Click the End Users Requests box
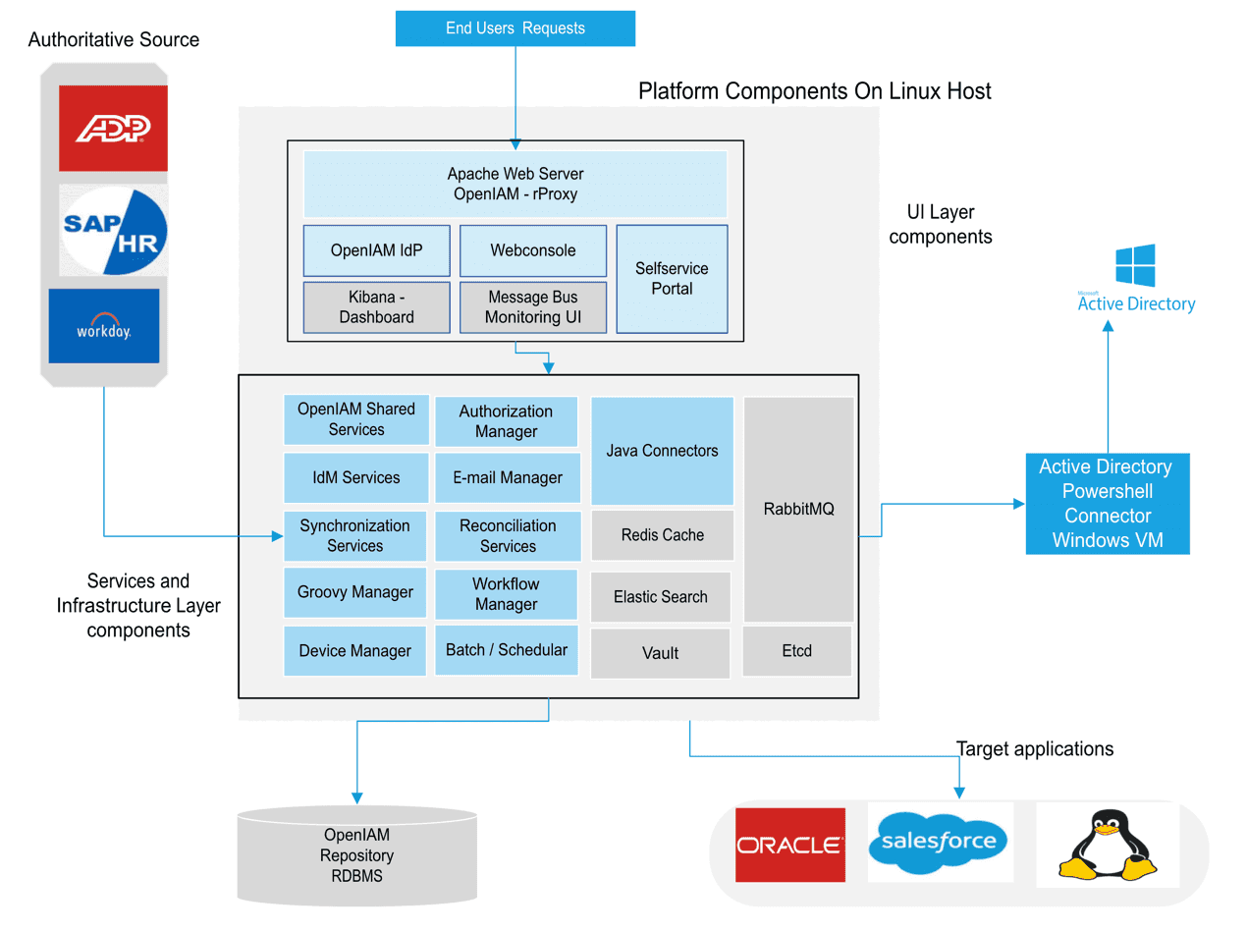point(515,27)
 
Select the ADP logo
point(113,128)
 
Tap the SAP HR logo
point(113,233)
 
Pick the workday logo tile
point(103,325)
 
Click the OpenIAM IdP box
point(376,250)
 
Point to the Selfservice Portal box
point(671,278)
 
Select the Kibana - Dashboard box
point(376,306)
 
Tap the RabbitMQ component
point(797,509)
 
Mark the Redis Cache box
point(662,535)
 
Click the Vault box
point(660,653)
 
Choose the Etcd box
point(796,651)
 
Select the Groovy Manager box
point(355,592)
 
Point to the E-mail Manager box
point(508,477)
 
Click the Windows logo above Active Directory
point(1135,265)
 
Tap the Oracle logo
point(789,845)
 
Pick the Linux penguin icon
point(1108,845)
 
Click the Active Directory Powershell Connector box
point(1108,503)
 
